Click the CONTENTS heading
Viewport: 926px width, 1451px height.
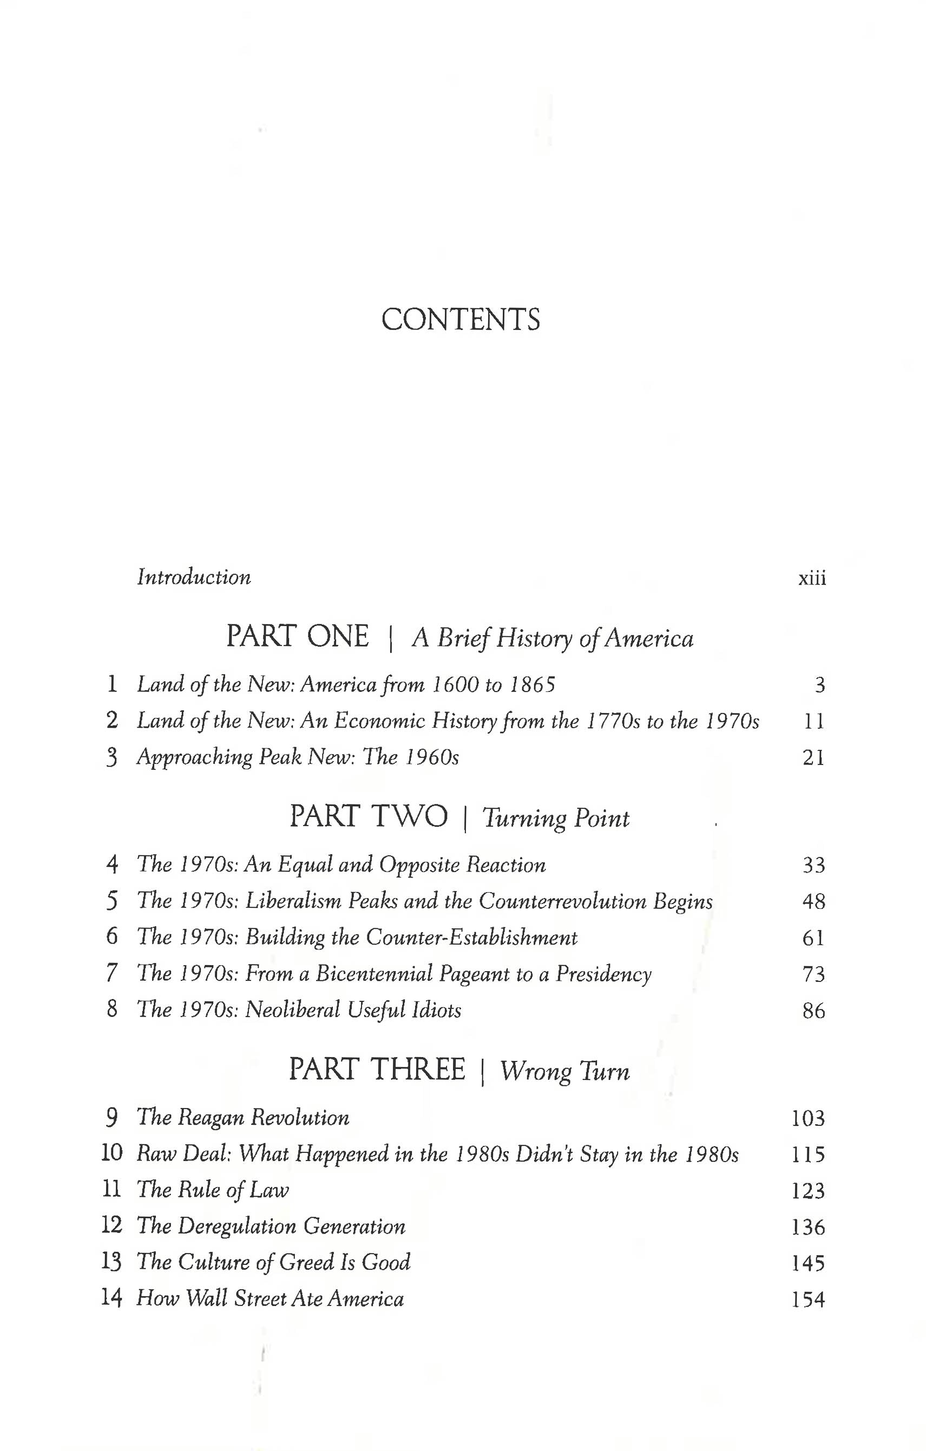461,319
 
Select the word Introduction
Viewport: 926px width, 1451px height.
194,577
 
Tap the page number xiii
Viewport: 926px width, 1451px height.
811,578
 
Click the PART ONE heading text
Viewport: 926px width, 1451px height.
297,637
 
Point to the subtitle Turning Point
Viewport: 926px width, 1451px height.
555,819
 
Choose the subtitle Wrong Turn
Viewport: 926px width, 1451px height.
564,1071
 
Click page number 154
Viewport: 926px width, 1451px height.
808,1300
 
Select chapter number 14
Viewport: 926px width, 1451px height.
111,1298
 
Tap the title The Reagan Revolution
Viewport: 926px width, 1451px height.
243,1118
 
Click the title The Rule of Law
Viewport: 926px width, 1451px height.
213,1190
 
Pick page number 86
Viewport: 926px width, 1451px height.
813,1011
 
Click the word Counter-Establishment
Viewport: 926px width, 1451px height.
471,938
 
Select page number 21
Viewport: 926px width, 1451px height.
813,757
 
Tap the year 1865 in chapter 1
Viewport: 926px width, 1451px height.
533,685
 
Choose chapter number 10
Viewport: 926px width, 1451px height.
111,1153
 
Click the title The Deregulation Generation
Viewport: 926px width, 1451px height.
271,1226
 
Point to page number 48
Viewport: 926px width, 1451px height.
813,901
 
